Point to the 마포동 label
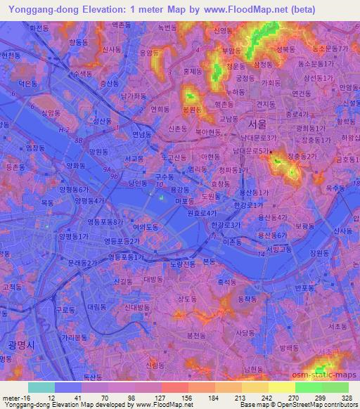(x=184, y=201)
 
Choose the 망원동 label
(x=98, y=151)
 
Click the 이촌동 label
(x=231, y=240)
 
